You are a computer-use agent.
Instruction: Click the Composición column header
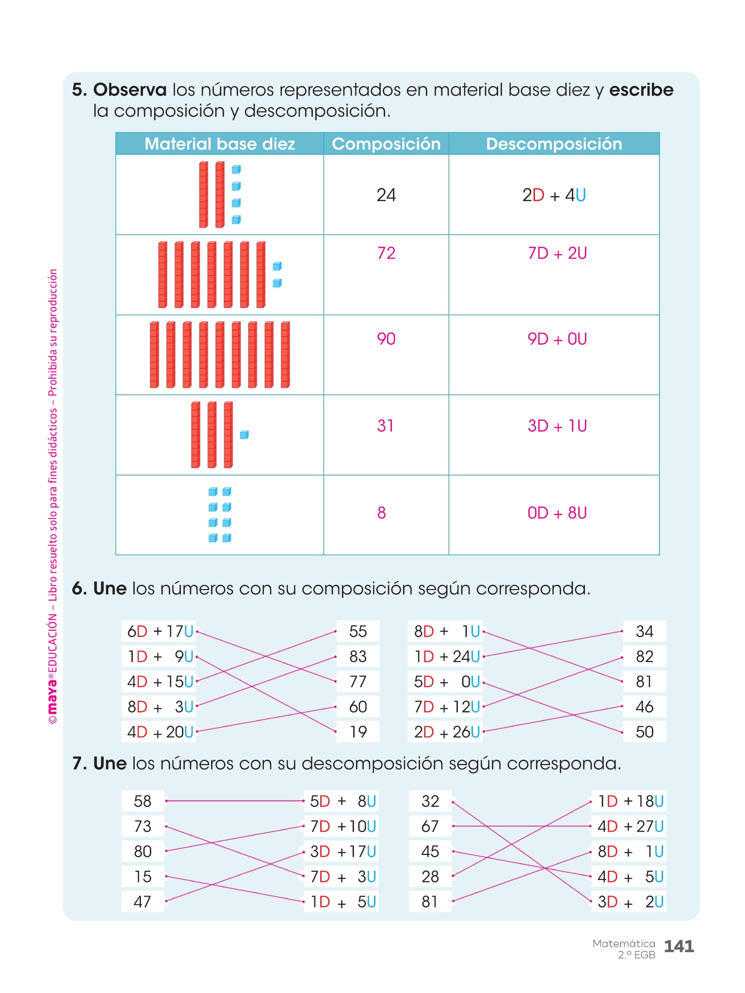click(x=386, y=144)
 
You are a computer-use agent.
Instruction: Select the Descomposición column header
click(x=554, y=144)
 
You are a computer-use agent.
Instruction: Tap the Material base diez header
click(x=220, y=144)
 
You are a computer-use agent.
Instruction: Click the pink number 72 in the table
click(x=386, y=253)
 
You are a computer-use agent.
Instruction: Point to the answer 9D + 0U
click(x=557, y=339)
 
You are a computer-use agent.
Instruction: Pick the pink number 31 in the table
click(x=386, y=426)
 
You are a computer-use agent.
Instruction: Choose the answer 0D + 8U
click(x=557, y=513)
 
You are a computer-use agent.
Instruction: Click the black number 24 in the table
click(x=386, y=195)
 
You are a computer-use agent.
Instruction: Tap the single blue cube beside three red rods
click(x=244, y=435)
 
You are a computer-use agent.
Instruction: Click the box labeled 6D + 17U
click(x=160, y=631)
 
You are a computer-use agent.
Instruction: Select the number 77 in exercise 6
click(x=358, y=682)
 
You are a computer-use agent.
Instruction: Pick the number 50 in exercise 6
click(x=645, y=732)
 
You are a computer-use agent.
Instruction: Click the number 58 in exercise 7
click(x=143, y=801)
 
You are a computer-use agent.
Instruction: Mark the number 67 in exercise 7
click(x=430, y=826)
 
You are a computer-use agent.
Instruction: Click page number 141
click(x=679, y=946)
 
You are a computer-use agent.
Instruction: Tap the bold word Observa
click(x=130, y=90)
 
